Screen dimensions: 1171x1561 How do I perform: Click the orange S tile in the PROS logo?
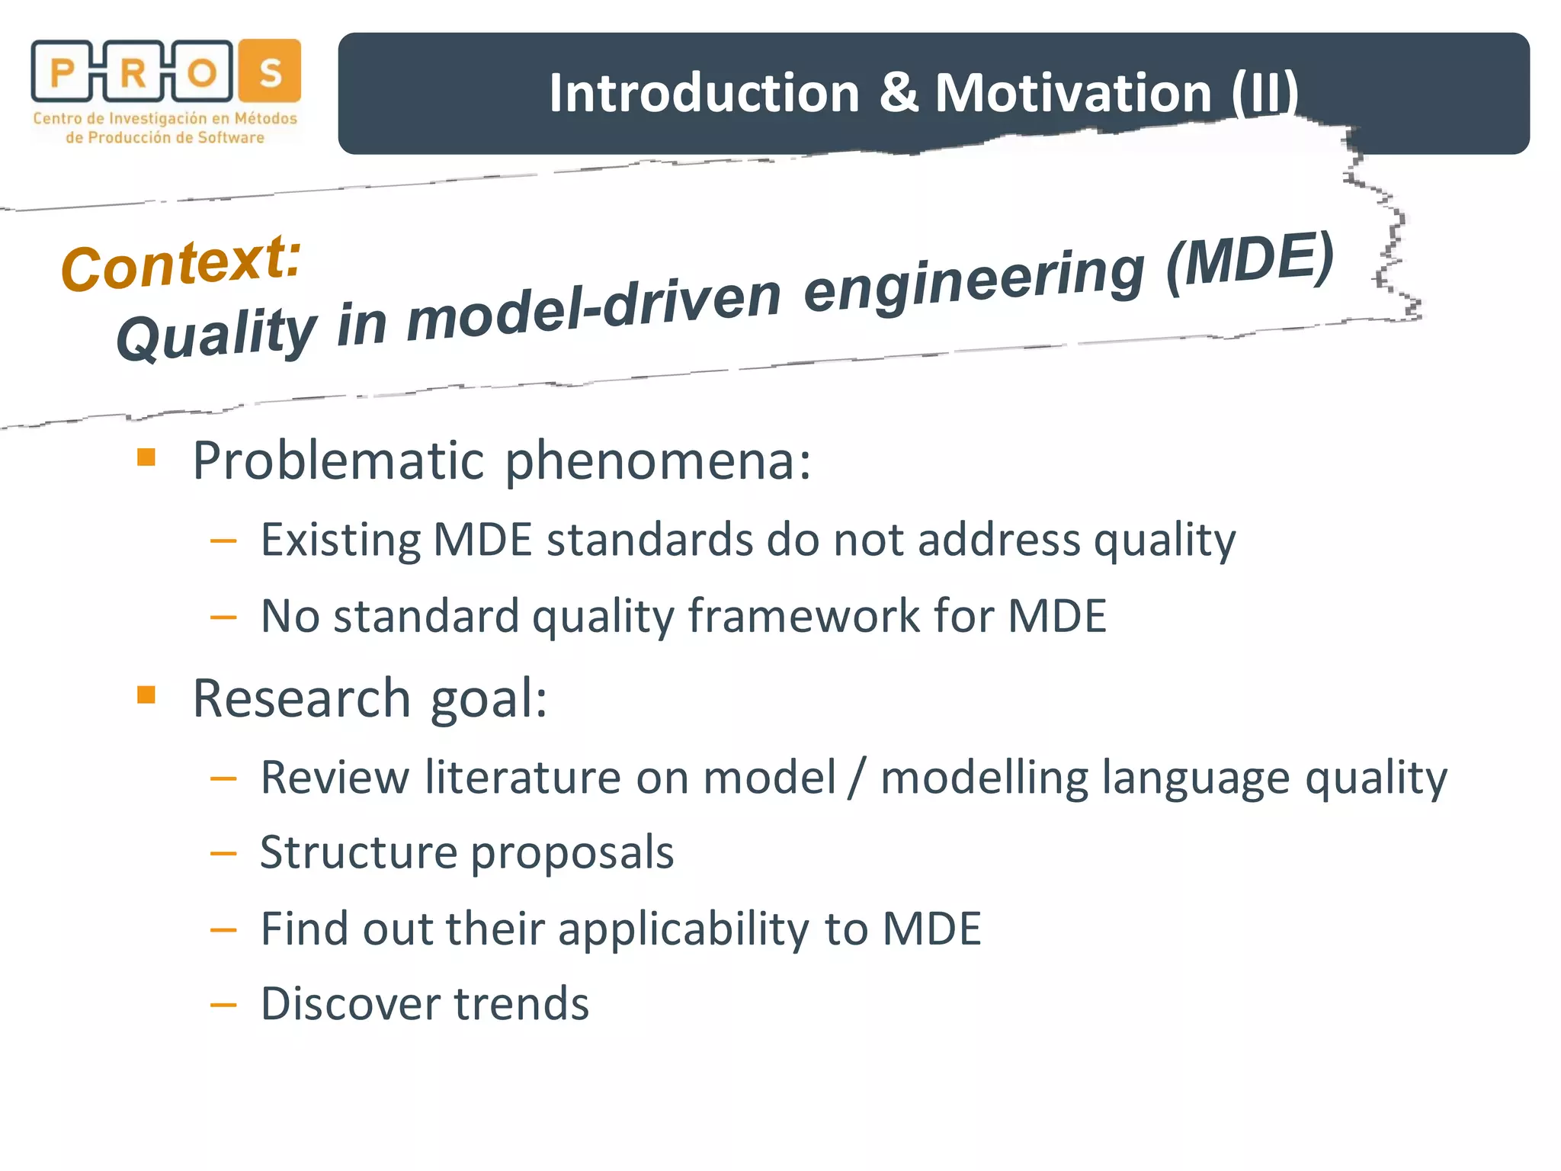pos(270,71)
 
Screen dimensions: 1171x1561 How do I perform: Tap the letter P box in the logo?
pos(62,72)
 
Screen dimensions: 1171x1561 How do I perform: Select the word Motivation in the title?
pos(1073,93)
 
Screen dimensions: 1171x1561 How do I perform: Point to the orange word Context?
pos(181,262)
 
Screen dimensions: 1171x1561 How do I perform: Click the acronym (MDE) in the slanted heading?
pos(1250,260)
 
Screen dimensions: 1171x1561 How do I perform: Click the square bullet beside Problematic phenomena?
pos(146,457)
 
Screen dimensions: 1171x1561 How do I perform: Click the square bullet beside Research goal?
pos(146,695)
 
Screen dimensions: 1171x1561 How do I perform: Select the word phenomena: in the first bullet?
pos(658,462)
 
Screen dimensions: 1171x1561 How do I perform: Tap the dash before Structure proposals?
pos(223,854)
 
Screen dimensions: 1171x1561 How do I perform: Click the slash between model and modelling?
pos(858,778)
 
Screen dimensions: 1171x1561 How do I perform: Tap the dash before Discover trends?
pos(223,1006)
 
